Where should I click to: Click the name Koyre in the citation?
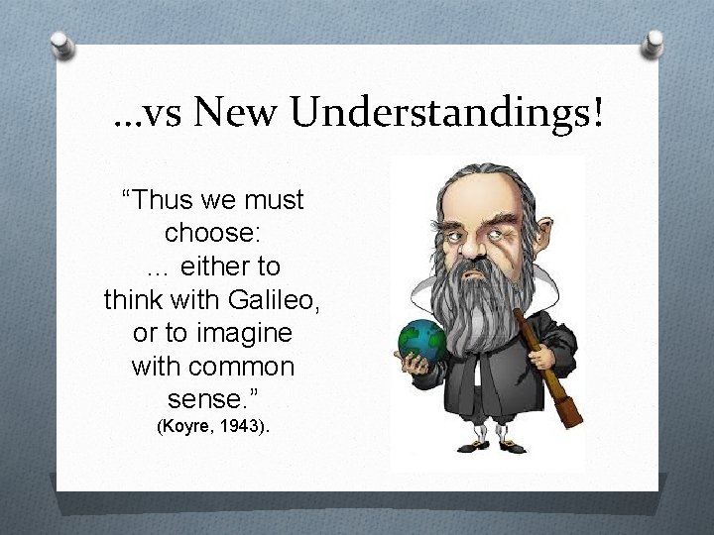185,429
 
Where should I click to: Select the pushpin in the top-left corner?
62,44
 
